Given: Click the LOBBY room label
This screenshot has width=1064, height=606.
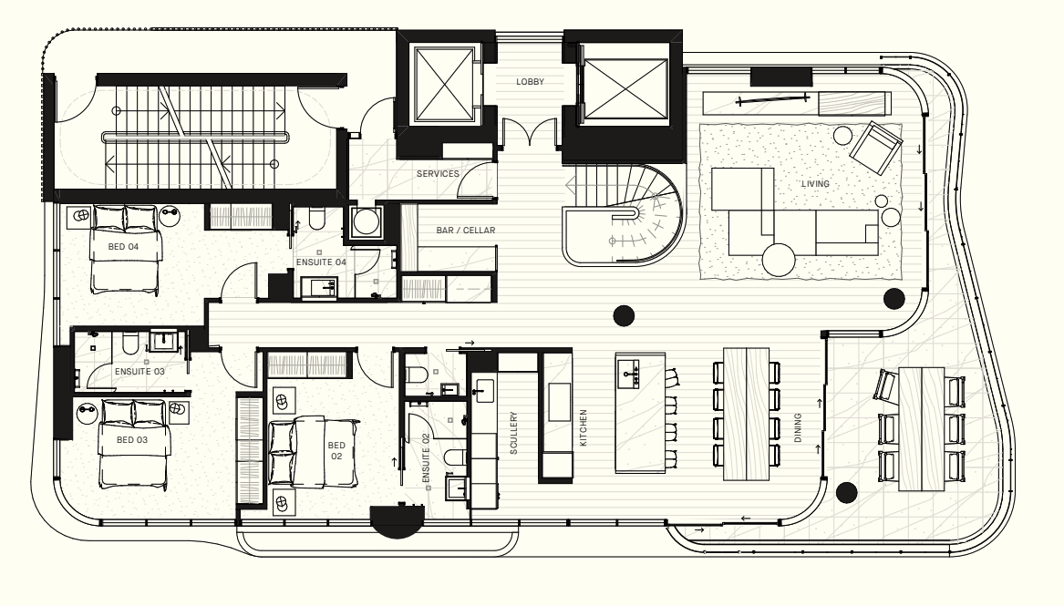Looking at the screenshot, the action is click(x=530, y=81).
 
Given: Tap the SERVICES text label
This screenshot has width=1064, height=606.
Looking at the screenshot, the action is click(x=438, y=173).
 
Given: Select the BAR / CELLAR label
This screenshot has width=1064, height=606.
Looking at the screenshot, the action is click(x=466, y=231).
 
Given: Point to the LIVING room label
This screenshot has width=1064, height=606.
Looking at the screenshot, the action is click(x=815, y=184).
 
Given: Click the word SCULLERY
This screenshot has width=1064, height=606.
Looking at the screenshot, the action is click(x=513, y=433).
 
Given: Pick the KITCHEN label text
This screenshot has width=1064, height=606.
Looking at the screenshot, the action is click(x=583, y=427).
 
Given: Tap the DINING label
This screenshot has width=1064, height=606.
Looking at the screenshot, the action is click(x=798, y=427).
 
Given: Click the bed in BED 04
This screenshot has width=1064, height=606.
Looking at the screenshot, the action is click(x=126, y=250).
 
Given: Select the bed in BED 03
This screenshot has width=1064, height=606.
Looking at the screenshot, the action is click(x=134, y=444).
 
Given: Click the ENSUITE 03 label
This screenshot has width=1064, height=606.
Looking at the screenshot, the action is click(x=139, y=372).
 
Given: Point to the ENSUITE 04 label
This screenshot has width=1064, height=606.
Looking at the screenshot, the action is click(x=321, y=262).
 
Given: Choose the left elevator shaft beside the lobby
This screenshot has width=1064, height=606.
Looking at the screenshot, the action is click(x=444, y=84).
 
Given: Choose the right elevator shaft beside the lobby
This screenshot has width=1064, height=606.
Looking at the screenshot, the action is click(x=625, y=88).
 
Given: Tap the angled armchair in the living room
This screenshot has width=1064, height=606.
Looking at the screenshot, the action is click(x=876, y=147).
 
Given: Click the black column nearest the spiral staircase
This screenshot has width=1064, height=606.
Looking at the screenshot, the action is click(x=624, y=315).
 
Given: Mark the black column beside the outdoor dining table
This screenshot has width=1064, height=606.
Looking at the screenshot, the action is click(x=846, y=493).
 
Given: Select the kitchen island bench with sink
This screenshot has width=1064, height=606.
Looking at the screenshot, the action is click(x=640, y=412).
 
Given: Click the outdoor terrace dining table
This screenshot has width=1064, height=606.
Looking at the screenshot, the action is click(x=921, y=429).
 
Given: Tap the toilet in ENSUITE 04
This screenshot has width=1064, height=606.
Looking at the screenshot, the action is click(x=317, y=219).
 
